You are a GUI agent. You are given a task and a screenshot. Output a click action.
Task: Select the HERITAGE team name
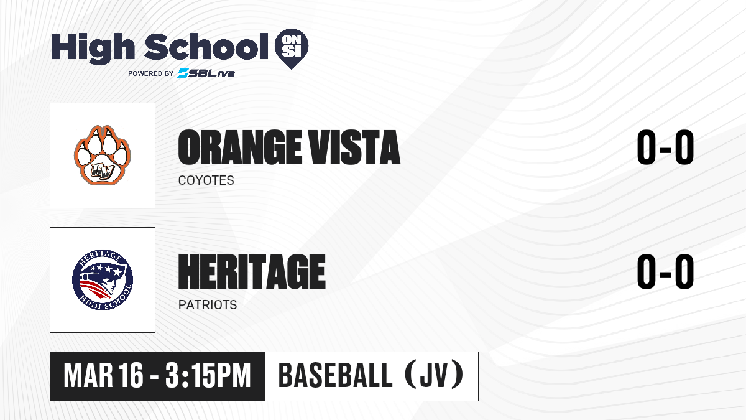(252, 272)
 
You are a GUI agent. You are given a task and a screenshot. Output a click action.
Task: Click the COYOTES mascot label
(206, 180)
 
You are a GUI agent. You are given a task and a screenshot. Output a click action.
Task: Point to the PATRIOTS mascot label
(208, 305)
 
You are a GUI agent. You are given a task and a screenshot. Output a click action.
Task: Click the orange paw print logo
(103, 156)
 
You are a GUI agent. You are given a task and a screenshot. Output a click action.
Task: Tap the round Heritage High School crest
(103, 280)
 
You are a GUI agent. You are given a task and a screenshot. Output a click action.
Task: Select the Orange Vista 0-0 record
(665, 147)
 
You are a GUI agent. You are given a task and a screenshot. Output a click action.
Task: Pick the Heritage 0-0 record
(665, 272)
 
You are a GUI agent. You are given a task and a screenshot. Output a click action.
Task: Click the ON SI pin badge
(292, 49)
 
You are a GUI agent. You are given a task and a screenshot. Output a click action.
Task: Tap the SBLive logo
(206, 73)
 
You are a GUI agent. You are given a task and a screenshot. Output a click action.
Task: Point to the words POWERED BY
(151, 73)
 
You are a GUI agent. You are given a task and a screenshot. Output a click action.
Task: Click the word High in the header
(93, 48)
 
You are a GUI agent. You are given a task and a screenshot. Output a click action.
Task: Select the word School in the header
(206, 47)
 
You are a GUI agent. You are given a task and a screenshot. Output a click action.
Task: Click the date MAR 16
(103, 376)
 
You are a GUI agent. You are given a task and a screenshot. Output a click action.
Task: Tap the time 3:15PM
(208, 376)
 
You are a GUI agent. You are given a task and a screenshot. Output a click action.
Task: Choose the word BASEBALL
(335, 376)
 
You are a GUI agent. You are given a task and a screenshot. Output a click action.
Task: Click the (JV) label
(435, 375)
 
